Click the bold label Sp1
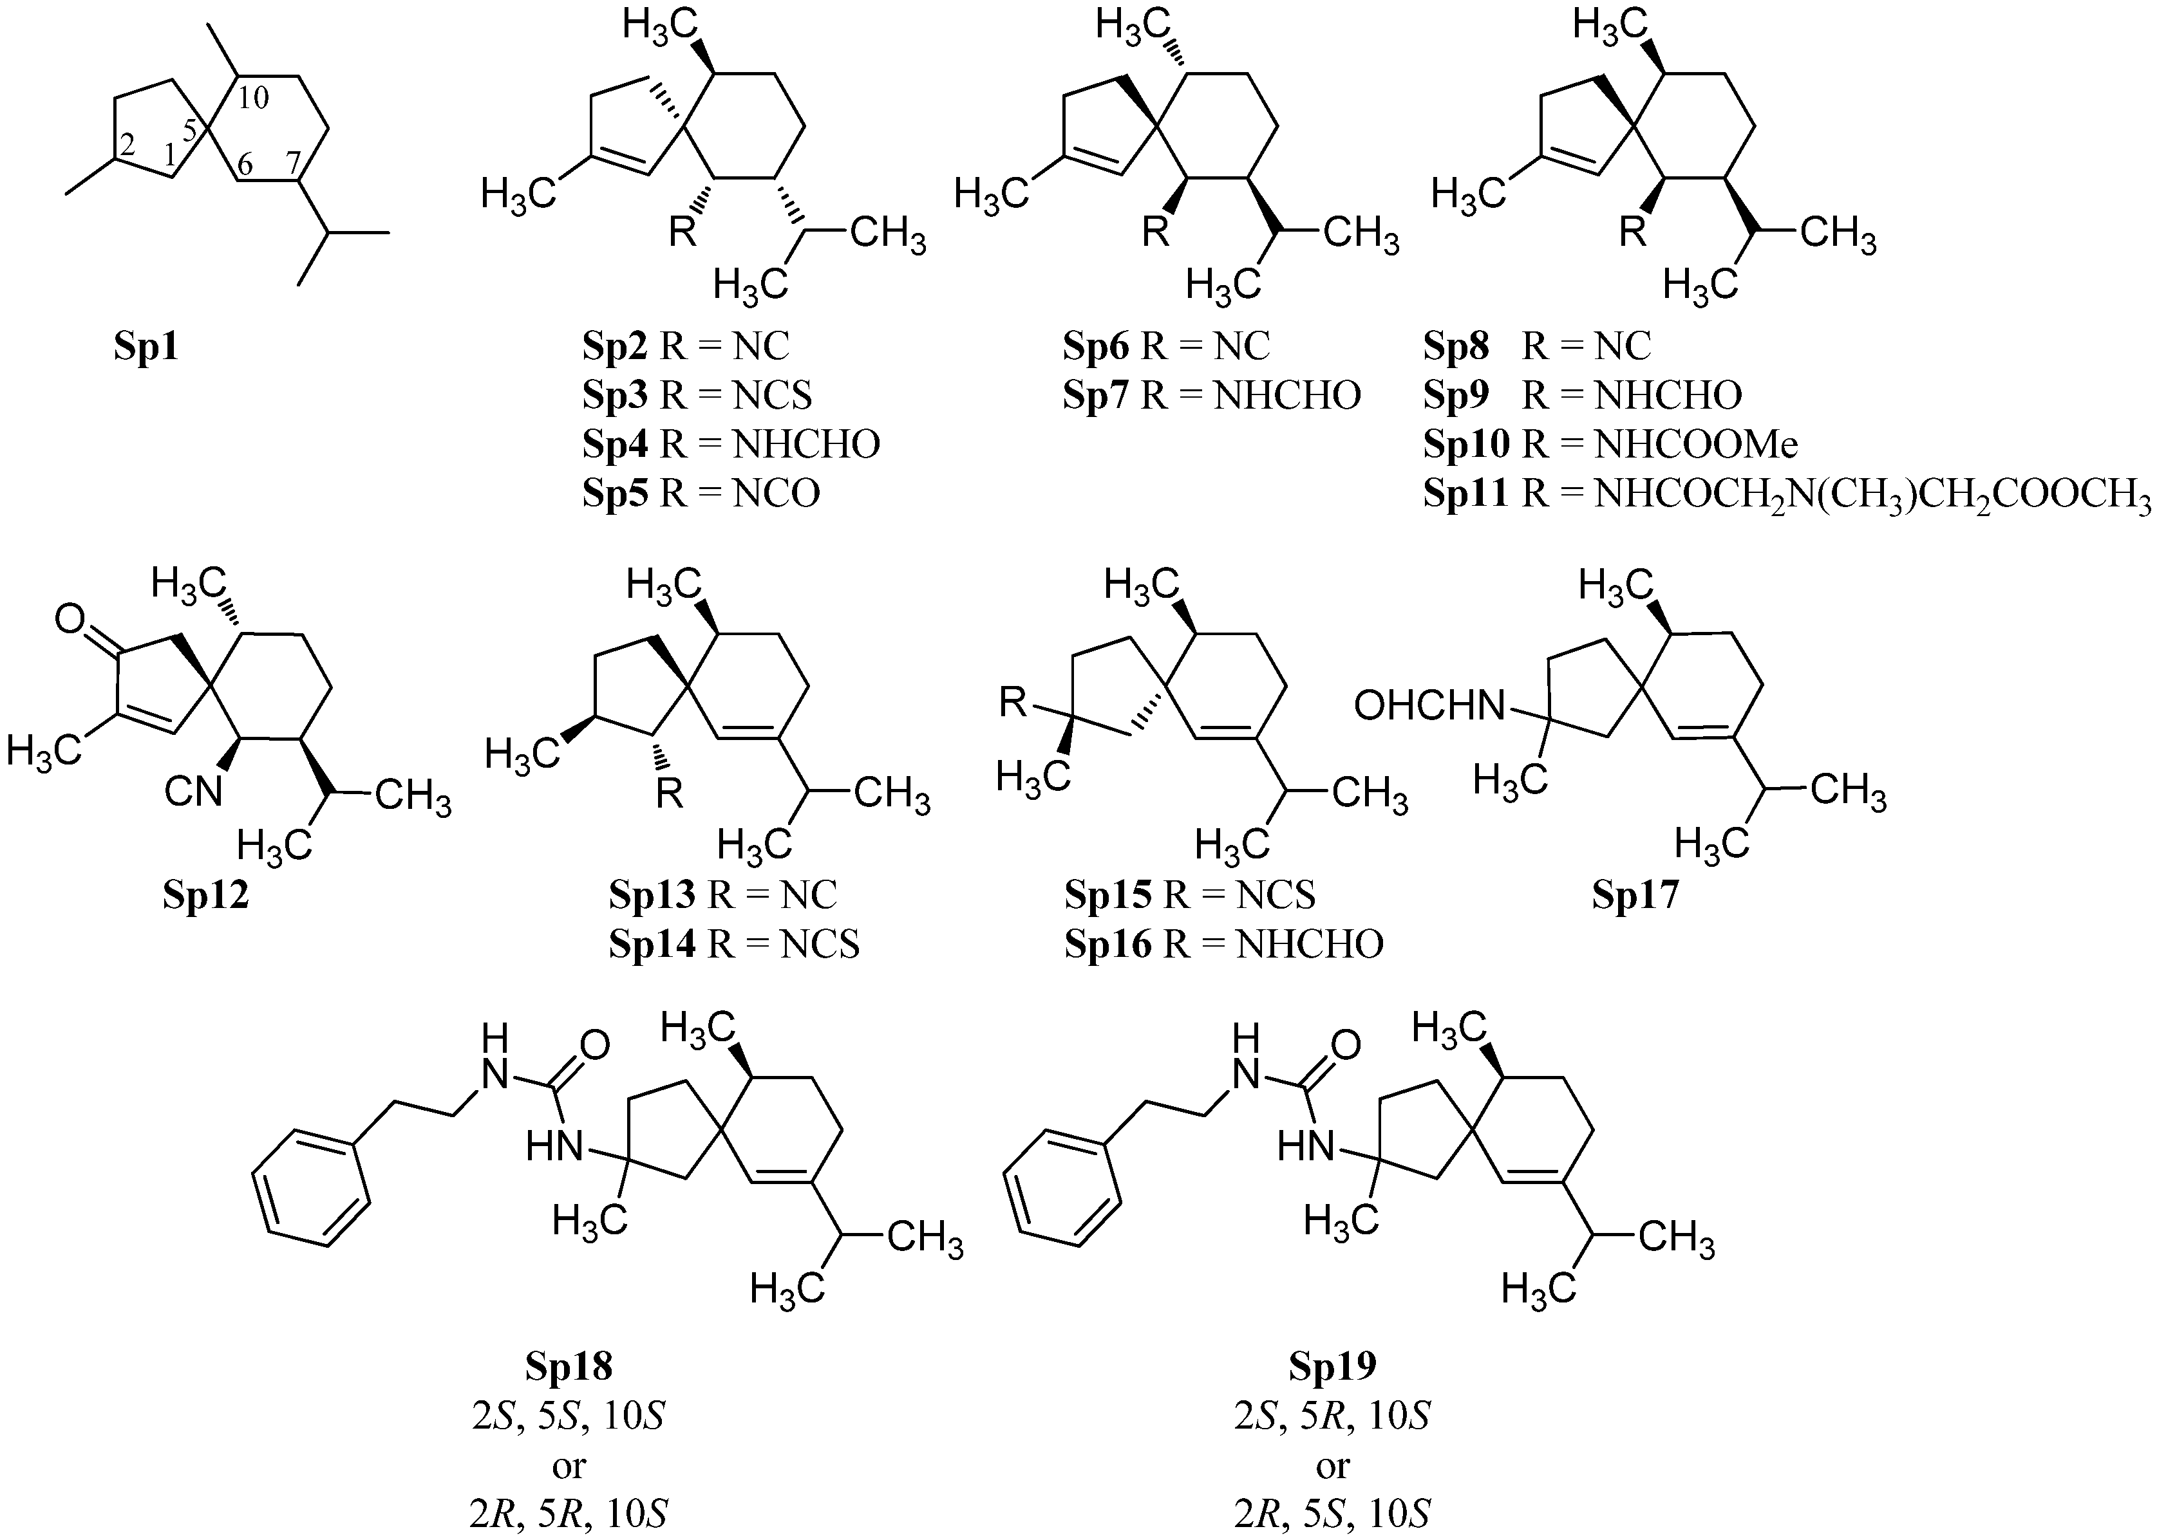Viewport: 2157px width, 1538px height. coord(146,347)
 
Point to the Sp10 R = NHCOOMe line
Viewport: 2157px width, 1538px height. coord(1610,444)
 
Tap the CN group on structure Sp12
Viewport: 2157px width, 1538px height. coord(193,791)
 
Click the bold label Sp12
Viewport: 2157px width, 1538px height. coord(205,894)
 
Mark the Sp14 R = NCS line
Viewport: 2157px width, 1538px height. coord(734,944)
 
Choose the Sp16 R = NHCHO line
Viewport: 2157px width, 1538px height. coord(1224,944)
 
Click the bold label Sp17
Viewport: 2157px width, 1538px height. coord(1634,894)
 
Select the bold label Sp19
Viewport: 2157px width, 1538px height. coord(1332,1367)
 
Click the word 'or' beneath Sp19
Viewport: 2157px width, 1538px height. coord(1332,1466)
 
